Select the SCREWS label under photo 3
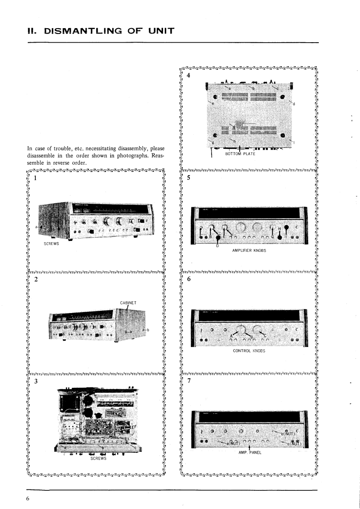point(99,458)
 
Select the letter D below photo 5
point(217,245)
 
